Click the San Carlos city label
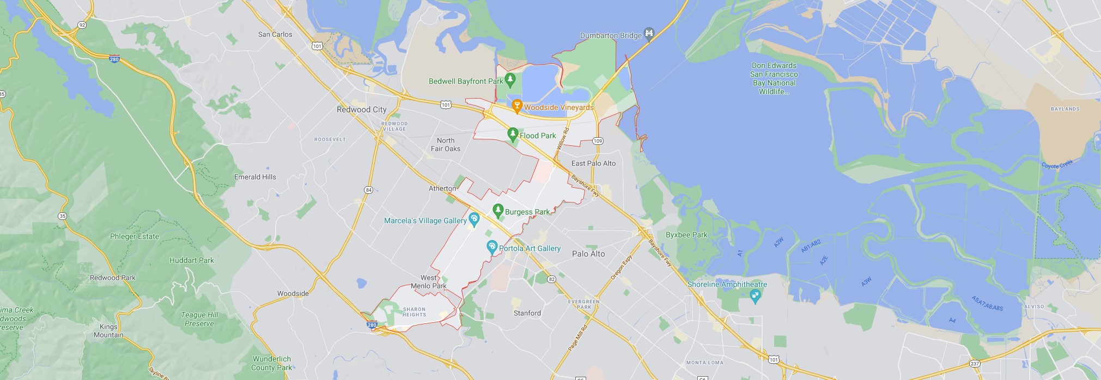(275, 34)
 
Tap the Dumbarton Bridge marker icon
(649, 34)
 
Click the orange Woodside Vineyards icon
(516, 106)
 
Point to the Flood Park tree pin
(512, 134)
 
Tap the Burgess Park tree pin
(497, 210)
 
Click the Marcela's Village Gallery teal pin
(474, 219)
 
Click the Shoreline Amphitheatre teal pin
(755, 296)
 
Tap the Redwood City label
(361, 109)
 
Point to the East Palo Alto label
(593, 163)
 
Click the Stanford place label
(527, 313)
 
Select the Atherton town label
(442, 188)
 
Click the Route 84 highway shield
(369, 190)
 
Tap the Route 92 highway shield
(82, 25)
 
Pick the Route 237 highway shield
(975, 364)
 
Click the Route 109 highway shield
(598, 141)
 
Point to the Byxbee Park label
(686, 235)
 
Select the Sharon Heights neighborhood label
(414, 312)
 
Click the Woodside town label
(293, 293)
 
